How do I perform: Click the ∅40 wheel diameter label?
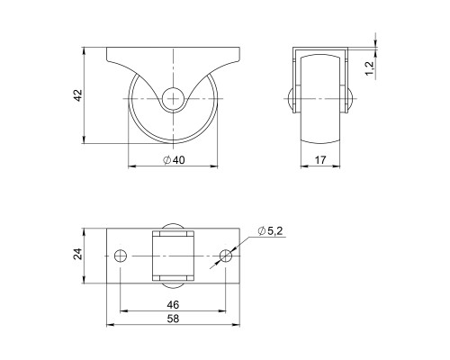[x=174, y=160]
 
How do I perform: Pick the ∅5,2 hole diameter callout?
[x=272, y=232]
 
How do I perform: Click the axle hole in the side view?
[x=175, y=97]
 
